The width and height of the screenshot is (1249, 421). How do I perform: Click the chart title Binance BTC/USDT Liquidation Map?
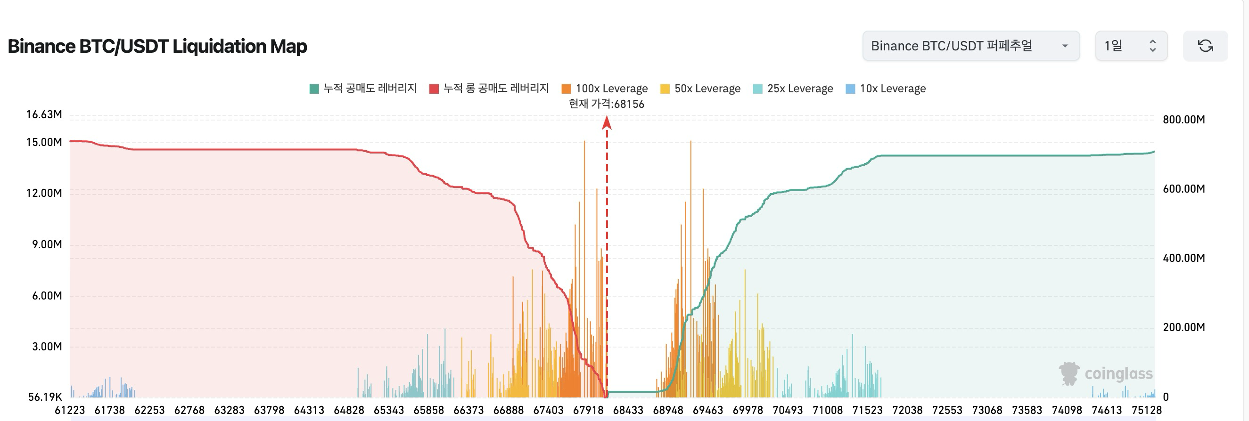(x=157, y=47)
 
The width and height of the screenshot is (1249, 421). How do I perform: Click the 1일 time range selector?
(x=1130, y=46)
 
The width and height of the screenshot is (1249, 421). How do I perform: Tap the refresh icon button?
(x=1205, y=46)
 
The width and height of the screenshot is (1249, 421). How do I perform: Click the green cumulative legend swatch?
(x=314, y=89)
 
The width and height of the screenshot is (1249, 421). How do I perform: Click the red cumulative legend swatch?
(x=434, y=89)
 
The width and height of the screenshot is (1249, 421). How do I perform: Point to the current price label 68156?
(x=606, y=104)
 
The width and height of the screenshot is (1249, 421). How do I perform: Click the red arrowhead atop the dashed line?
(x=607, y=123)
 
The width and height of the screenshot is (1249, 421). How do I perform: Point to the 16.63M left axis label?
(x=44, y=115)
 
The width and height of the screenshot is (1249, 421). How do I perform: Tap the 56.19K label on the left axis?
(x=45, y=397)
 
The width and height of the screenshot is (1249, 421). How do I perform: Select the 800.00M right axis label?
(x=1183, y=120)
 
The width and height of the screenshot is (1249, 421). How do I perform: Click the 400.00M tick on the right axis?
(x=1183, y=258)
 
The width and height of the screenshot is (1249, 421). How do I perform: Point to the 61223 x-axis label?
(x=70, y=410)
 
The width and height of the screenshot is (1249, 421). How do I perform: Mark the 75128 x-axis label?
(x=1146, y=410)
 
